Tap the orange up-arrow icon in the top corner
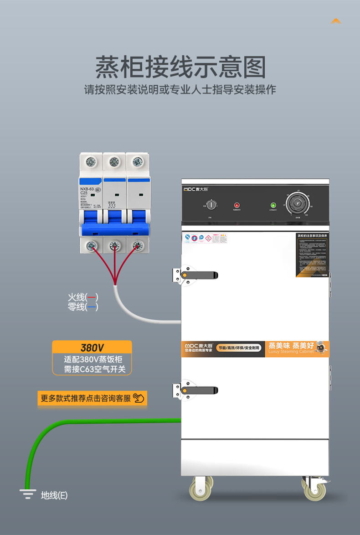[x=336, y=21]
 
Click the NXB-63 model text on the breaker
[x=87, y=189]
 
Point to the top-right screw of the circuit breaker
[x=137, y=161]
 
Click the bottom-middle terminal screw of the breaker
[x=114, y=246]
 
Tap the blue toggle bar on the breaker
[x=115, y=228]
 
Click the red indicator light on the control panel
[x=237, y=205]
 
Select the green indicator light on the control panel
[x=273, y=205]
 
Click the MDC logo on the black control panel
[x=195, y=188]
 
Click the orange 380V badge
[x=92, y=348]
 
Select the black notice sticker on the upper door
[x=312, y=255]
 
